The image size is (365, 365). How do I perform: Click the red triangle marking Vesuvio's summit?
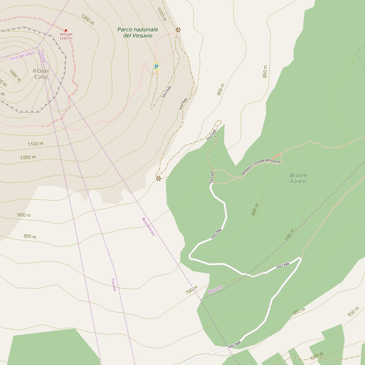pos(66,30)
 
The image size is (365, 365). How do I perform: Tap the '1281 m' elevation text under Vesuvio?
pos(66,38)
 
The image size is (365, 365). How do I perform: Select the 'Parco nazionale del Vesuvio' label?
pos(138,32)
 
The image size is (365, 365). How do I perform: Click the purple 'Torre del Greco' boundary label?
pos(22,56)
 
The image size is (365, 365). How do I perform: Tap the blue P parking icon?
pos(156,67)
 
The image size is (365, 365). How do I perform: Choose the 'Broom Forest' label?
pos(298,178)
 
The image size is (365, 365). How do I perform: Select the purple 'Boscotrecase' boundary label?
pos(148,227)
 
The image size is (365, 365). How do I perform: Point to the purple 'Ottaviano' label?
pos(215,290)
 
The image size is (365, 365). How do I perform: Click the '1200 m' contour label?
pos(88,19)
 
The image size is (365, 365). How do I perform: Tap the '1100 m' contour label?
pos(35,144)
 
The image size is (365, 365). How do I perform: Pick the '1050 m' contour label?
pos(28,157)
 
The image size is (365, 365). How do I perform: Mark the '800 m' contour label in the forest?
pos(255,210)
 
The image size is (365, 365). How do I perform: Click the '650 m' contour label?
pos(299,311)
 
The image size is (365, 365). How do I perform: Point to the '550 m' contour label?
pos(317,356)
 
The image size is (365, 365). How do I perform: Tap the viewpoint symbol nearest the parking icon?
pos(178,30)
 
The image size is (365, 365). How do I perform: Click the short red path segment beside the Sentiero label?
pos(276,156)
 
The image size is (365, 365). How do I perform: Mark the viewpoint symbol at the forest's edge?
pos(158,178)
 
